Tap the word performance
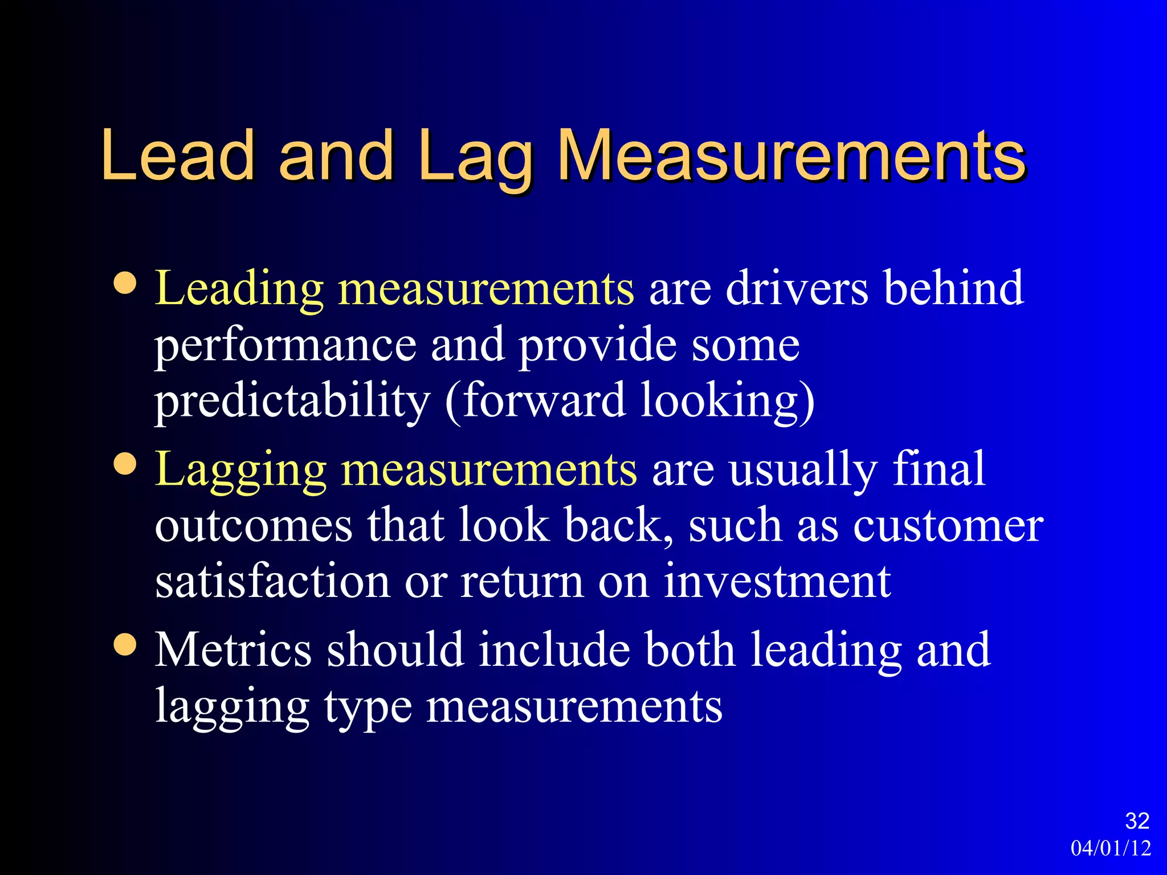pyautogui.click(x=285, y=346)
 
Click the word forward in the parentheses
pyautogui.click(x=544, y=400)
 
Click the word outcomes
pyautogui.click(x=254, y=525)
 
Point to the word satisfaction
pyautogui.click(x=272, y=581)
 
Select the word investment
pyautogui.click(x=777, y=581)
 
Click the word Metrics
pyautogui.click(x=234, y=649)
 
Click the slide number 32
pyautogui.click(x=1137, y=821)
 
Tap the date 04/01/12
pyautogui.click(x=1111, y=848)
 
